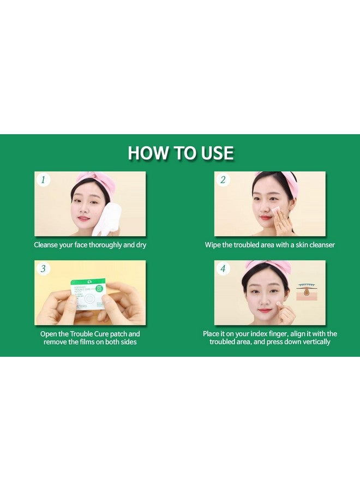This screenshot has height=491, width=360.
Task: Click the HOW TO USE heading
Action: pyautogui.click(x=180, y=153)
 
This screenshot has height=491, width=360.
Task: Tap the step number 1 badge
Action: pyautogui.click(x=43, y=179)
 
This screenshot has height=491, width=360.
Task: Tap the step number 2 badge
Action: pyautogui.click(x=223, y=179)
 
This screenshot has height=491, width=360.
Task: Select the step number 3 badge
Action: pyautogui.click(x=43, y=268)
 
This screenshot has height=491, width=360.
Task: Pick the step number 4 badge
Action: pyautogui.click(x=223, y=268)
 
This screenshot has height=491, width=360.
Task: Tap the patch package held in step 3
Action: pyautogui.click(x=88, y=294)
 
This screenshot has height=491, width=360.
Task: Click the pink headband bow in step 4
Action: pyautogui.click(x=268, y=266)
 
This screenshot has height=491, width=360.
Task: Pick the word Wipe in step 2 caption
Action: pyautogui.click(x=214, y=245)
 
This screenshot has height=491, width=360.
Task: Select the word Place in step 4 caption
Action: pyautogui.click(x=213, y=334)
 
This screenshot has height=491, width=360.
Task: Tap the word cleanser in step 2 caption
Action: pyautogui.click(x=319, y=245)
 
